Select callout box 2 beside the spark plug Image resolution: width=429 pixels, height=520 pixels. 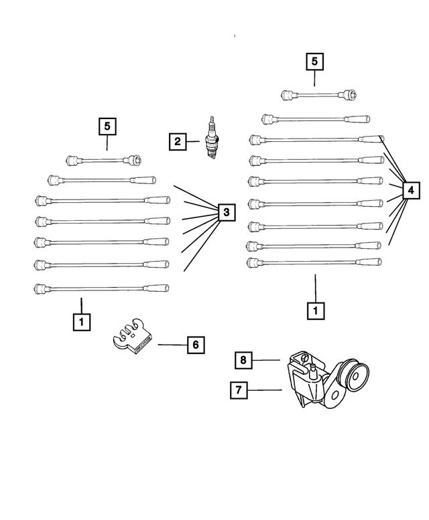(x=177, y=141)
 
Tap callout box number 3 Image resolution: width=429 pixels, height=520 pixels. (x=226, y=213)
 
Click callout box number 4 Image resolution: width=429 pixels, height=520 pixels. (x=410, y=191)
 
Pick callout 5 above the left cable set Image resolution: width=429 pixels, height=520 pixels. (x=107, y=125)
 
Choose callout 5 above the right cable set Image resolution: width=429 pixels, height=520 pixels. (x=315, y=62)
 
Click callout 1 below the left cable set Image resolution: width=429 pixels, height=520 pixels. (x=80, y=323)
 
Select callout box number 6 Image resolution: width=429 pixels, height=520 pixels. (x=194, y=345)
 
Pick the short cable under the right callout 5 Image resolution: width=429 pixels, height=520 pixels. (x=318, y=94)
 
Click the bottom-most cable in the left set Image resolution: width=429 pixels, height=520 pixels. (x=101, y=288)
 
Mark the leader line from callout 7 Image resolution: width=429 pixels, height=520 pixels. (x=266, y=390)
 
